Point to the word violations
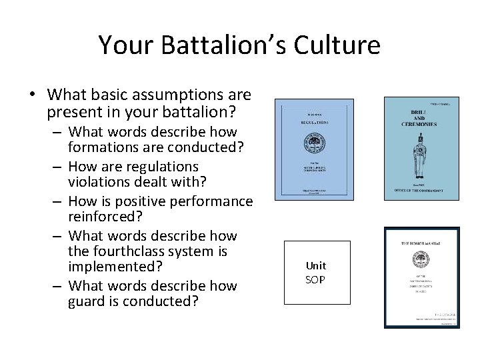click(x=97, y=183)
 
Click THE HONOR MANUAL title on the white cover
click(x=421, y=244)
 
